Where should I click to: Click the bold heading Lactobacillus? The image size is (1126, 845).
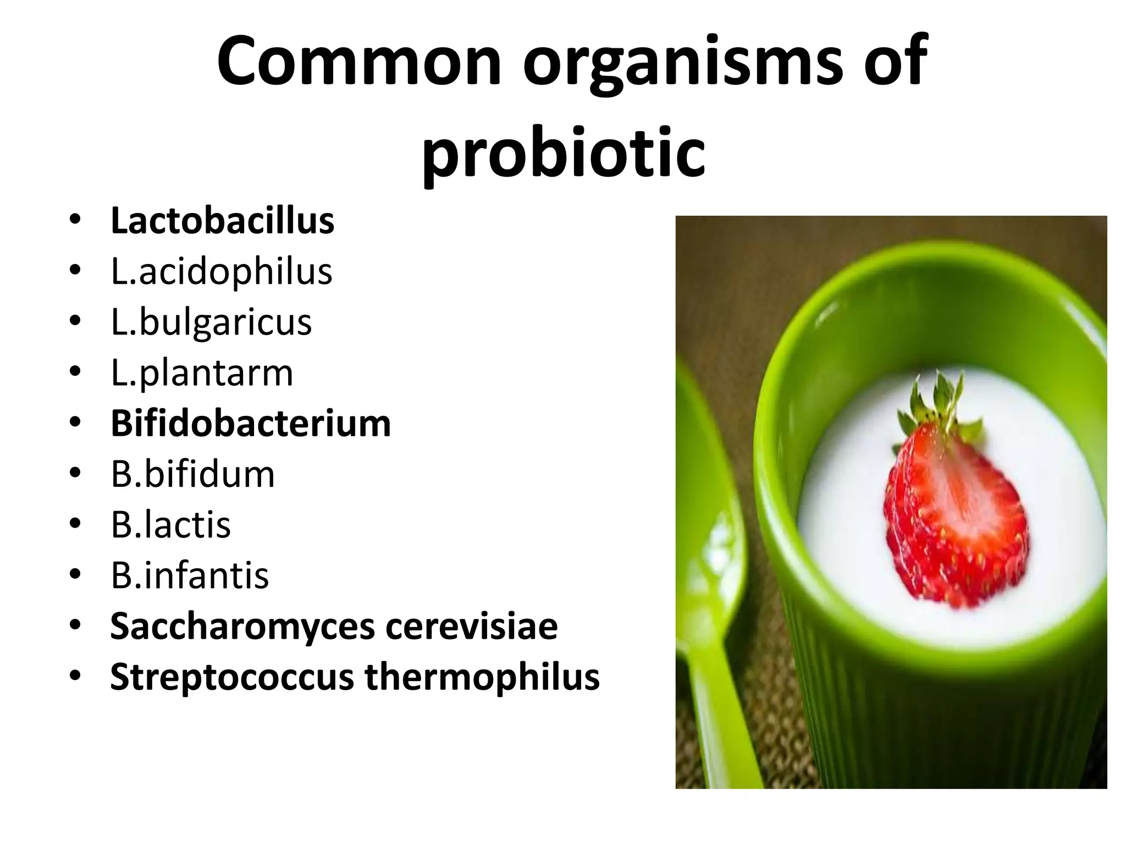click(x=222, y=221)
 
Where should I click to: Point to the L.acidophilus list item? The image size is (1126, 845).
click(x=222, y=271)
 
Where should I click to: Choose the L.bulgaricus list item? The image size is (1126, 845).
click(x=211, y=322)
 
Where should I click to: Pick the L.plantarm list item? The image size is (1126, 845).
click(x=202, y=372)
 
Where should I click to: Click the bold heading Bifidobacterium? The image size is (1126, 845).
click(x=251, y=423)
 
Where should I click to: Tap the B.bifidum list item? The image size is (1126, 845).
click(x=192, y=474)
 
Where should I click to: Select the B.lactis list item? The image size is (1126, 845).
click(x=170, y=524)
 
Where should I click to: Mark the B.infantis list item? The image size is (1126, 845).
click(x=190, y=575)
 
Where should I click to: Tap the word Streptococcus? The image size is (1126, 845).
click(x=231, y=677)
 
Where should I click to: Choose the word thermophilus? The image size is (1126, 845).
click(x=482, y=677)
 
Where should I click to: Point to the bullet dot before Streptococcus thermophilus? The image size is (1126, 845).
click(x=75, y=676)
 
